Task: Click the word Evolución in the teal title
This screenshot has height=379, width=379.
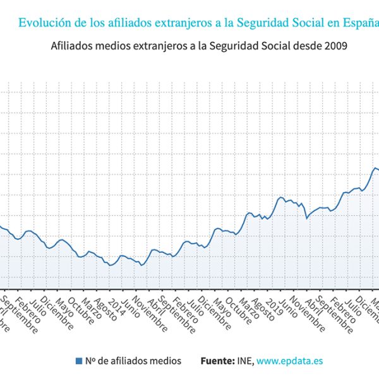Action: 44,23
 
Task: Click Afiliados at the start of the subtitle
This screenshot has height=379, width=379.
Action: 70,47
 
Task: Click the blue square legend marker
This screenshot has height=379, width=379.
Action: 79,361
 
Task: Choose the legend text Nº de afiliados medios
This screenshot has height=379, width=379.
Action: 133,361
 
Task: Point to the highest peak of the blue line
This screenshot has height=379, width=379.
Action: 374,167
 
